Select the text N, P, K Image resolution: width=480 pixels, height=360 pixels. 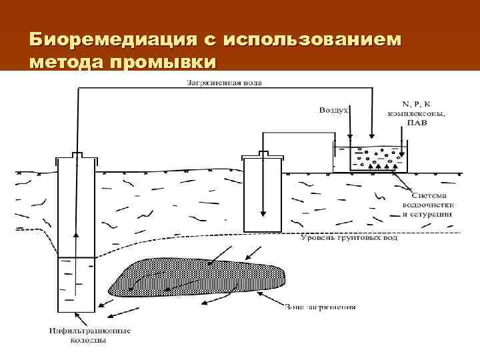[417, 104]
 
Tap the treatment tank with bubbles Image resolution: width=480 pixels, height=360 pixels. [370, 159]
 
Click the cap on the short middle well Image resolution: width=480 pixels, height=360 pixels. [263, 155]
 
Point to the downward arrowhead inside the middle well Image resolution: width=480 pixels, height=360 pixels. [263, 213]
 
